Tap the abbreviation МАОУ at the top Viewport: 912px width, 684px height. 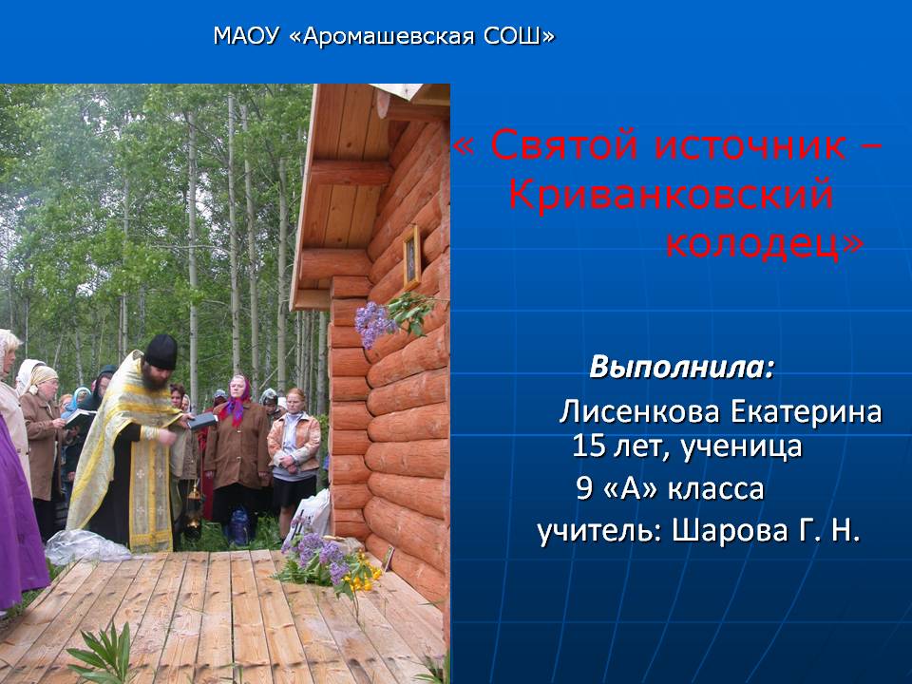(246, 36)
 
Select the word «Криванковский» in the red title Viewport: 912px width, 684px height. (672, 194)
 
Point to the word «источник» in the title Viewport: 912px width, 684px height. (750, 144)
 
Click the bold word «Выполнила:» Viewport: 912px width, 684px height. (682, 367)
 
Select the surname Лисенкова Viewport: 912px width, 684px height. (639, 411)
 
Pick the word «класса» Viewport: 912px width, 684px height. (715, 488)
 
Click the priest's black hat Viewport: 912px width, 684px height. (161, 351)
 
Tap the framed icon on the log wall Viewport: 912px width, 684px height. (411, 257)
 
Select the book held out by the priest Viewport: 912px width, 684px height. (201, 421)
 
